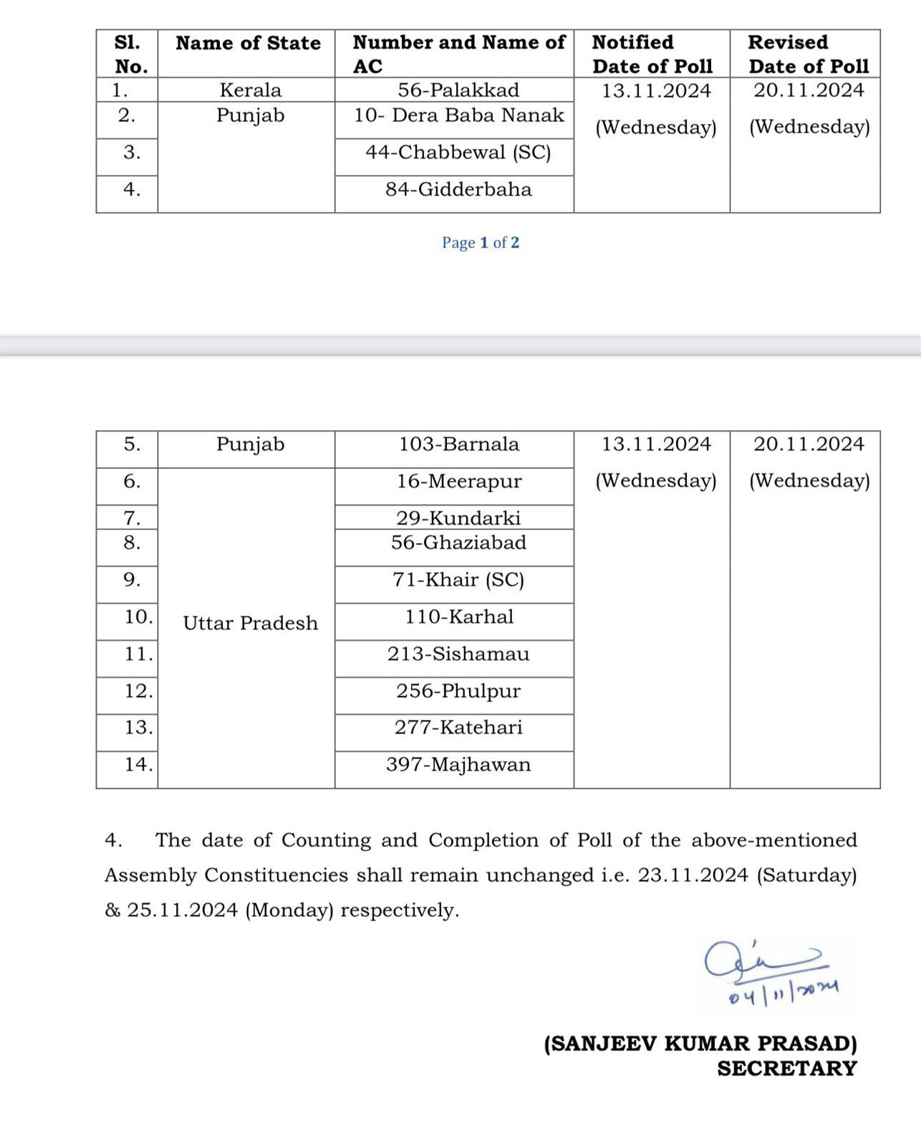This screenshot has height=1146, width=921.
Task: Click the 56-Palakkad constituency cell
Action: tap(458, 90)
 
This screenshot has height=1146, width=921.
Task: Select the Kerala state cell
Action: tap(250, 90)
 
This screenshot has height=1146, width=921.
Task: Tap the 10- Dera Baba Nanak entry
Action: tap(458, 115)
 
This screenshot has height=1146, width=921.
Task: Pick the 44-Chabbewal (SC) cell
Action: tap(458, 153)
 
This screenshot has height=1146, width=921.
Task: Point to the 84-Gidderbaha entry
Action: tap(458, 190)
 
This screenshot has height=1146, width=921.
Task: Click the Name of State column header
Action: tap(248, 43)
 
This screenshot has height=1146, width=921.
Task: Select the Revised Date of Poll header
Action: tap(808, 54)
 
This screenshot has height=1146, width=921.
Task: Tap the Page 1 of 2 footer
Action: tap(481, 243)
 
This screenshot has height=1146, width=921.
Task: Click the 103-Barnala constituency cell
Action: tap(458, 444)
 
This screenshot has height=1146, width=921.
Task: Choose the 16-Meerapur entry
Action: tap(458, 481)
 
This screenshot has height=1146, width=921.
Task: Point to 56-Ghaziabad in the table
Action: tap(458, 543)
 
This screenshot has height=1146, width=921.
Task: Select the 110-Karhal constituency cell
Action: tap(458, 617)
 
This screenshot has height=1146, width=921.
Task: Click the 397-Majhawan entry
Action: tap(458, 765)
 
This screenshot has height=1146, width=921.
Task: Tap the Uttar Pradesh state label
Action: tap(250, 623)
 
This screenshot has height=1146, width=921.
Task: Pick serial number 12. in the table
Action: tap(138, 691)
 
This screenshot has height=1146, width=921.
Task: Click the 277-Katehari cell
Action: tap(458, 728)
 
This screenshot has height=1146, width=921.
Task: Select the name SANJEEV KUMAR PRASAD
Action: tap(700, 1044)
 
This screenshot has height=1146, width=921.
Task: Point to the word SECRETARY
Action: tap(786, 1069)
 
